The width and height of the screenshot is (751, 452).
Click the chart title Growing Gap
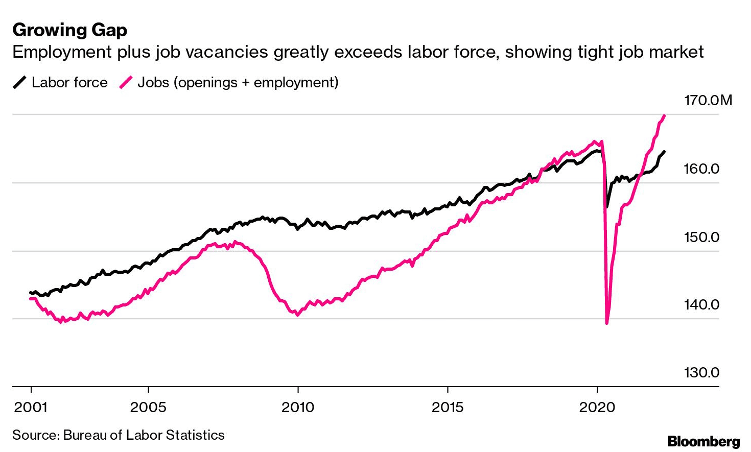pyautogui.click(x=69, y=30)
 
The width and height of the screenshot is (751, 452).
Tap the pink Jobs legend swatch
pyautogui.click(x=126, y=82)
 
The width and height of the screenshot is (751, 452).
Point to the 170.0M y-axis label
pyautogui.click(x=708, y=100)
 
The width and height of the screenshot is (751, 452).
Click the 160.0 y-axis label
pyautogui.click(x=701, y=169)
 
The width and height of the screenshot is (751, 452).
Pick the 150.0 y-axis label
pyautogui.click(x=701, y=237)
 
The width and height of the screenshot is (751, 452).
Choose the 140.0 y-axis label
pyautogui.click(x=701, y=305)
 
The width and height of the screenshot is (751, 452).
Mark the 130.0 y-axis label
pyautogui.click(x=701, y=372)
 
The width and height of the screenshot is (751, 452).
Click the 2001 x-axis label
pyautogui.click(x=31, y=407)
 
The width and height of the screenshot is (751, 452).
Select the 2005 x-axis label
pyautogui.click(x=148, y=407)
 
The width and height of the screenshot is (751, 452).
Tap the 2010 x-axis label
pyautogui.click(x=298, y=407)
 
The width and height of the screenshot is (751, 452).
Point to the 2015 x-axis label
pyautogui.click(x=448, y=407)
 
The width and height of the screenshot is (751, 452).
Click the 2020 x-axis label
pyautogui.click(x=597, y=407)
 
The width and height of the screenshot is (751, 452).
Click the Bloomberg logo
pyautogui.click(x=703, y=441)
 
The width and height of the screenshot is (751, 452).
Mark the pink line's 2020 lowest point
pyautogui.click(x=607, y=323)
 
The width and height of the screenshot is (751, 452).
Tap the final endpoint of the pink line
pyautogui.click(x=664, y=115)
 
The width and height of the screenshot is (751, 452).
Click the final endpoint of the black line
pyautogui.click(x=664, y=152)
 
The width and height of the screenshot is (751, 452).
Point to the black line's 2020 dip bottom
pyautogui.click(x=606, y=207)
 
